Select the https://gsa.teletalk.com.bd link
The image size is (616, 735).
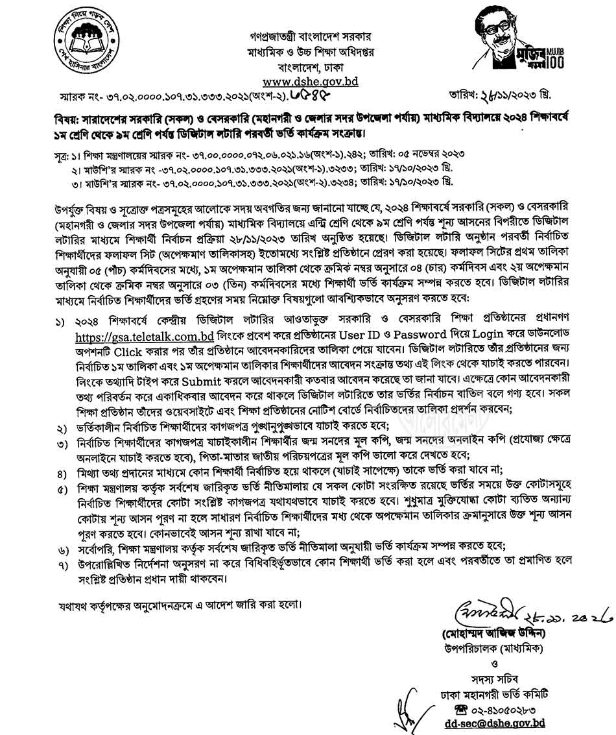[145, 336]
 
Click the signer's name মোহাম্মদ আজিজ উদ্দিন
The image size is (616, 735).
[495, 632]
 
